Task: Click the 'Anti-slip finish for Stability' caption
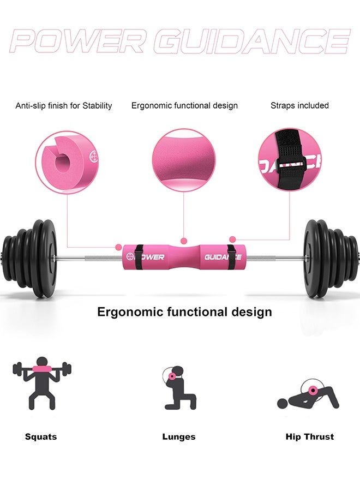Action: [x=64, y=106]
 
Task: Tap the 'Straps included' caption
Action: [x=299, y=106]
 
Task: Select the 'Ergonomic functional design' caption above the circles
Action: [x=184, y=106]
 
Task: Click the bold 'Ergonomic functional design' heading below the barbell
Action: [x=184, y=312]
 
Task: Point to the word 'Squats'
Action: [x=41, y=436]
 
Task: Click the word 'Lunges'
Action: [x=178, y=436]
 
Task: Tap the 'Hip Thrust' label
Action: [x=309, y=436]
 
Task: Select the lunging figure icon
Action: [x=178, y=388]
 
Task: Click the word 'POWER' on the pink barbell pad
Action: [x=151, y=257]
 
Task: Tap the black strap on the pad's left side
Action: [x=140, y=257]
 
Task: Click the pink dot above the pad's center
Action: [x=184, y=240]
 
